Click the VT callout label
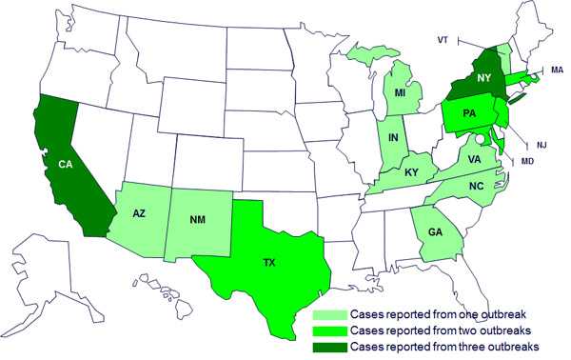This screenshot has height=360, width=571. click(443, 40)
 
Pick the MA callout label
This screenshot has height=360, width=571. click(557, 70)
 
